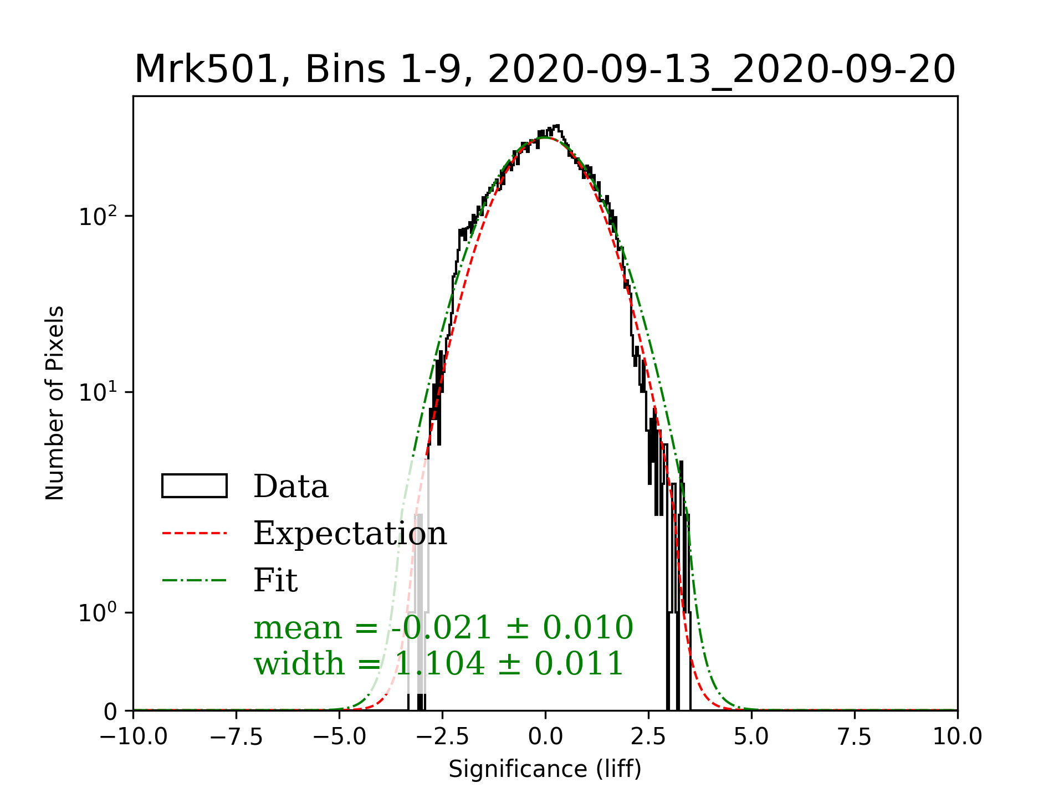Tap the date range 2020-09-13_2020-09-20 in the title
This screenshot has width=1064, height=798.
721,70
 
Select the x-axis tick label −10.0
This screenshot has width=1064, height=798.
134,737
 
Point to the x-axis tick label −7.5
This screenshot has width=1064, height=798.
237,737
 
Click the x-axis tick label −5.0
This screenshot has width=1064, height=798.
339,737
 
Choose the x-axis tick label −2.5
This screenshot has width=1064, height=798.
442,737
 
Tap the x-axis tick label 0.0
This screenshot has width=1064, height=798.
545,737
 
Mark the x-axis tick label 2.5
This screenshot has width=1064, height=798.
648,737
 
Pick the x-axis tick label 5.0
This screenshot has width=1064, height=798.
751,737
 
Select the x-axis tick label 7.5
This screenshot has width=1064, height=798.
855,737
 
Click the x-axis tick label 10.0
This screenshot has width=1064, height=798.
958,737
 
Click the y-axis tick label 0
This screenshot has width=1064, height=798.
110,712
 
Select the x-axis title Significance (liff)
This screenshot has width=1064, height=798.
545,769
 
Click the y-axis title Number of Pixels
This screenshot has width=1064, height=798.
55,403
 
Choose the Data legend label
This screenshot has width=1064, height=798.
291,487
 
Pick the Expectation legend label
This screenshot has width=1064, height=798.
350,533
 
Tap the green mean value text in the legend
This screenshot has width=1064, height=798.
443,627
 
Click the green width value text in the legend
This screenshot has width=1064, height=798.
439,663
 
